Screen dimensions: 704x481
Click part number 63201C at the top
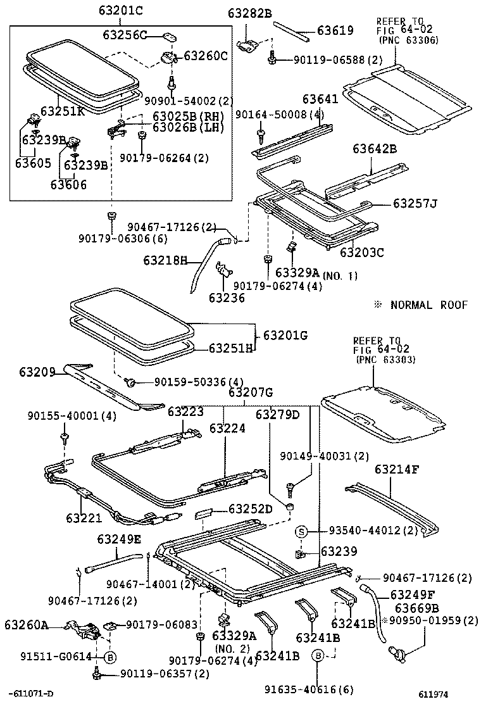[121, 11]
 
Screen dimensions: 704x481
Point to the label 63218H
[166, 260]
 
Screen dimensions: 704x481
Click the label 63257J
[415, 203]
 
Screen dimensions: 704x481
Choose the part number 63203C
[362, 252]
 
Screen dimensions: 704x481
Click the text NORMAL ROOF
[428, 305]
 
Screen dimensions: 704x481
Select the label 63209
[37, 371]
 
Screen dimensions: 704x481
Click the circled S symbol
[302, 531]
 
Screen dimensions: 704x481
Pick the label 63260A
[27, 625]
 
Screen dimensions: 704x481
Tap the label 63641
[320, 99]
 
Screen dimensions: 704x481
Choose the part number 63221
[82, 518]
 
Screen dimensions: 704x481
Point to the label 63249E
[120, 539]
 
